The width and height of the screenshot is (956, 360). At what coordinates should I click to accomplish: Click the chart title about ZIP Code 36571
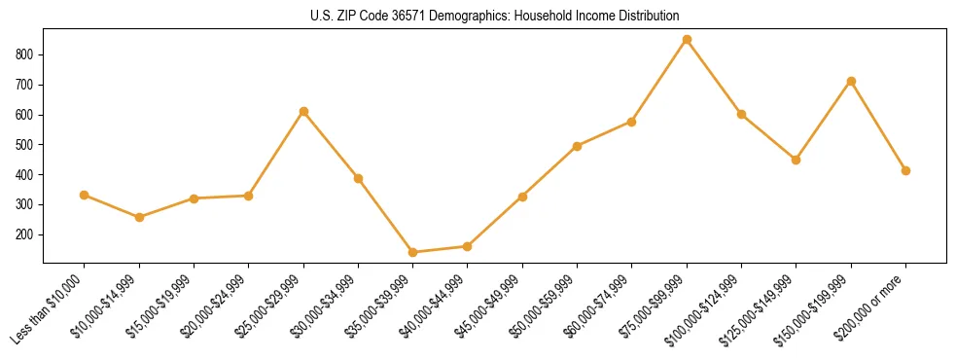[478, 16]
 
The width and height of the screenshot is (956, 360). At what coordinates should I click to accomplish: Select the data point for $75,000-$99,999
[687, 40]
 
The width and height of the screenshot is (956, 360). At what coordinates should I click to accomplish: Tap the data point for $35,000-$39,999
[412, 252]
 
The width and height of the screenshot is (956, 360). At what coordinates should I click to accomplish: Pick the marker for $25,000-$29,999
[303, 112]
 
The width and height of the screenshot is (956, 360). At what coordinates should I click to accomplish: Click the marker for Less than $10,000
[85, 195]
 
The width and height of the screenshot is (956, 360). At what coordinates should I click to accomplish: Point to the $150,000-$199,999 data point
[851, 81]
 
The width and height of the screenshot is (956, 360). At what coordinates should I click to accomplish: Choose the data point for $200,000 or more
[905, 170]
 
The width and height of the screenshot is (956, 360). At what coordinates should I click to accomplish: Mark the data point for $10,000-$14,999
[139, 217]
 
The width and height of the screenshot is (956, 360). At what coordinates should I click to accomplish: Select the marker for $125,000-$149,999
[796, 160]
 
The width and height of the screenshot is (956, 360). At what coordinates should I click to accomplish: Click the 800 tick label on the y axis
[26, 54]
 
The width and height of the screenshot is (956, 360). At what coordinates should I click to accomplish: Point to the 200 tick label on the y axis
[26, 234]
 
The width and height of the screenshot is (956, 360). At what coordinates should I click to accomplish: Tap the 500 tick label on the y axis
[26, 145]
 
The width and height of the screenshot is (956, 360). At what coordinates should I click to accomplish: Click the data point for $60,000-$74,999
[631, 122]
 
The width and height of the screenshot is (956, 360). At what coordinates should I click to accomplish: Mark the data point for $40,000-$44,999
[467, 246]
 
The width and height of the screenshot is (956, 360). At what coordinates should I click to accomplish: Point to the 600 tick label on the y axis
[26, 115]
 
